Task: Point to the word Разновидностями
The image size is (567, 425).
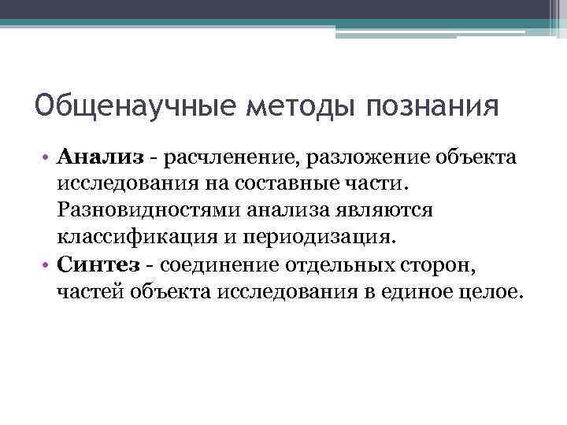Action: (x=146, y=210)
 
